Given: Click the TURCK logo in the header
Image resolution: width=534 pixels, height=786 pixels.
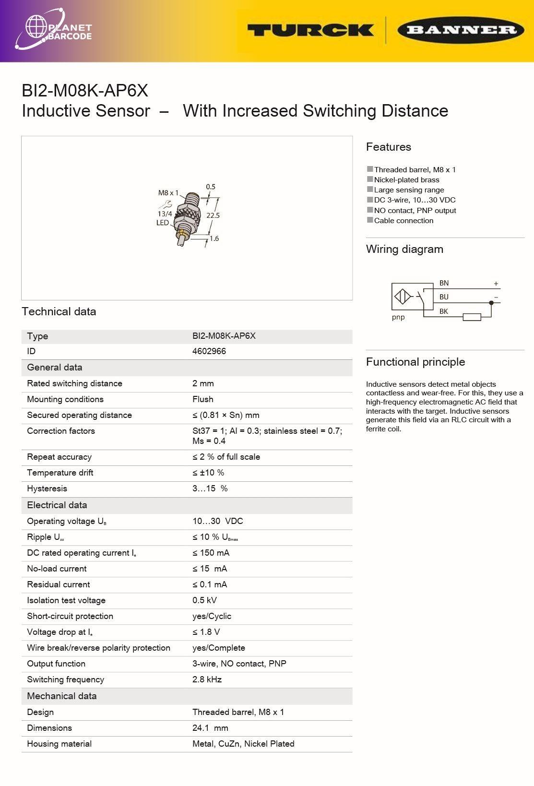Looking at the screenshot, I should (310, 30).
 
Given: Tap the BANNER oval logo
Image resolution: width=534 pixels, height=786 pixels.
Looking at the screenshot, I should (461, 30).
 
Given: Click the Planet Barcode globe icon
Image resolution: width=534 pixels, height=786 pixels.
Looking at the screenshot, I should (36, 27).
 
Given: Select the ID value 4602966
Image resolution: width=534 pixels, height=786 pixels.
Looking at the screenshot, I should (209, 351).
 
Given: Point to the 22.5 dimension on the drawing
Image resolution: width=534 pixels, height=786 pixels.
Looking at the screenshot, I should (213, 215).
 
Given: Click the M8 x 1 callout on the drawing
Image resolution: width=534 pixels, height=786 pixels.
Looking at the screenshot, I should (168, 193).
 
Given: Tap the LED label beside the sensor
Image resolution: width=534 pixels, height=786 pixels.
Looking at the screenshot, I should (163, 223).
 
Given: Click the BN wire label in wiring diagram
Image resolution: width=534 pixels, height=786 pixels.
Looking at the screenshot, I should (444, 283).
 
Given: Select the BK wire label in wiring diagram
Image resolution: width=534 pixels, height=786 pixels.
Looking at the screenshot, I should (444, 311).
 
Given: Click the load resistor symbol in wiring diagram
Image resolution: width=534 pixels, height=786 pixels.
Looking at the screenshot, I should (472, 317).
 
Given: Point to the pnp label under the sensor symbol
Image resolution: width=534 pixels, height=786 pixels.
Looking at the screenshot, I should (398, 317).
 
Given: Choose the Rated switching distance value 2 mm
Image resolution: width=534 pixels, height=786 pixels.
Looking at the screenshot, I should (203, 383).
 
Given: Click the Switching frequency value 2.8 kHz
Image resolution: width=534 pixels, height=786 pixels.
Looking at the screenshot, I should (207, 679).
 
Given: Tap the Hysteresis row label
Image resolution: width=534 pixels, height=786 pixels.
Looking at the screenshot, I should (47, 488).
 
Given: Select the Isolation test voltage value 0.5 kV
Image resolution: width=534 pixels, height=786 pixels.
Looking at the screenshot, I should (204, 600).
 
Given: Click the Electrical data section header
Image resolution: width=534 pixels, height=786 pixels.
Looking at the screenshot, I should (57, 505).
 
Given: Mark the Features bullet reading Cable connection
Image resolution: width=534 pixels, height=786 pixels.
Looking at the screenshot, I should (403, 221).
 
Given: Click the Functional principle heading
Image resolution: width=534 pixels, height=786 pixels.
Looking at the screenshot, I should (415, 362).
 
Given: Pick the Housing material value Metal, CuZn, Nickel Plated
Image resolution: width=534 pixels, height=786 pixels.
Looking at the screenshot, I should (243, 744).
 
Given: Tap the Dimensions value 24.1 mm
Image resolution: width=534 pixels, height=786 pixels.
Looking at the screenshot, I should (210, 728).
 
